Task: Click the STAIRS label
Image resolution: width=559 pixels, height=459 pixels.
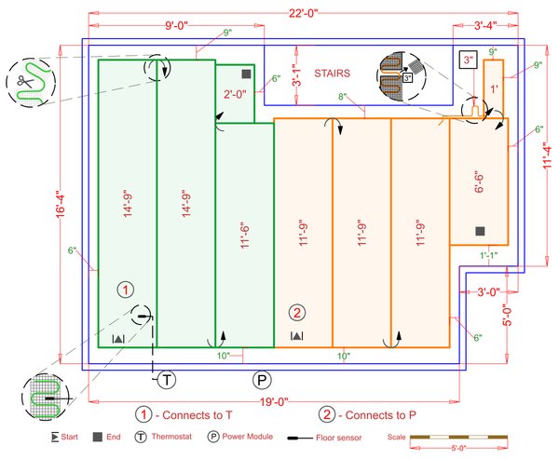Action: (332, 72)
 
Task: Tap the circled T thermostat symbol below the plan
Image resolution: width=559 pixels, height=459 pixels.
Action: (165, 379)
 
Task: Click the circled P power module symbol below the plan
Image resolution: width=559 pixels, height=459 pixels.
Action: (263, 379)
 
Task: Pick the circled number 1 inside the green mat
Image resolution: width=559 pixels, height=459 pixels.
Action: (127, 290)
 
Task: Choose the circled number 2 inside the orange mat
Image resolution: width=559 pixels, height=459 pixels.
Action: (296, 312)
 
